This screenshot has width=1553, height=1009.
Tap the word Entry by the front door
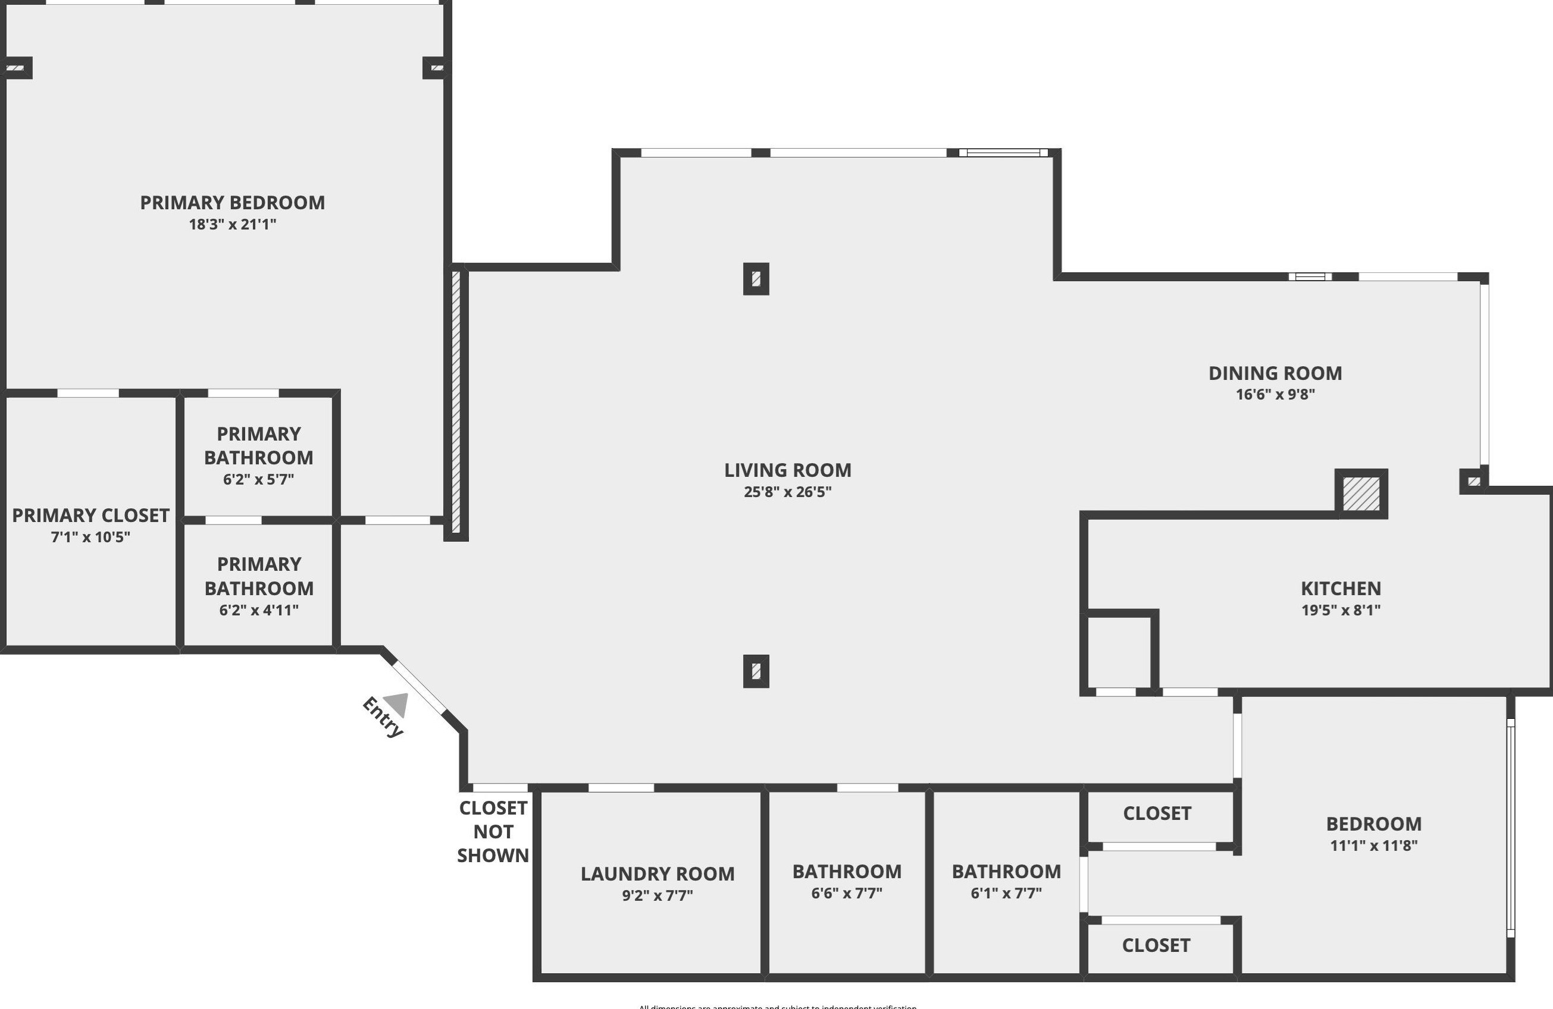pos(383,718)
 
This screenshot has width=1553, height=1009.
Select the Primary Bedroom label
pos(232,203)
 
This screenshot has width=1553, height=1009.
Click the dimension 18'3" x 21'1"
pos(232,224)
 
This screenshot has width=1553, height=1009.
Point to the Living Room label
pos(788,470)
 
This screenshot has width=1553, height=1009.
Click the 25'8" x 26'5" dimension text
pos(788,492)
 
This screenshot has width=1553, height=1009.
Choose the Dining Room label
pos(1275,374)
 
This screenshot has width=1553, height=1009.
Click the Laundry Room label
pos(657,874)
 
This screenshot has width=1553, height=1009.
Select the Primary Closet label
pos(90,516)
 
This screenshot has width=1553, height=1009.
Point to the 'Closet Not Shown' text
pos(493,832)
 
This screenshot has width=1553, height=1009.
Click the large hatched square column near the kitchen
pos(1361,494)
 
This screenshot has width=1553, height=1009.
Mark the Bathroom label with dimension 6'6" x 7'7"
pos(847,872)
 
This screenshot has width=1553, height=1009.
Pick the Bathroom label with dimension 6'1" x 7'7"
pos(1006,872)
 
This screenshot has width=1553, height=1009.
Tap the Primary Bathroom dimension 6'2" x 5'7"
pos(258,479)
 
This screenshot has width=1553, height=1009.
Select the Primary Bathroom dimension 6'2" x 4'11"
pos(258,611)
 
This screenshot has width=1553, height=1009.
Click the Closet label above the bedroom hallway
pos(1157,813)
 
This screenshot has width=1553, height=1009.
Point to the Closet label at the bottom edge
pos(1156,946)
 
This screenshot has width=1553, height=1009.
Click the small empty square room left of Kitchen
pos(1119,652)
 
